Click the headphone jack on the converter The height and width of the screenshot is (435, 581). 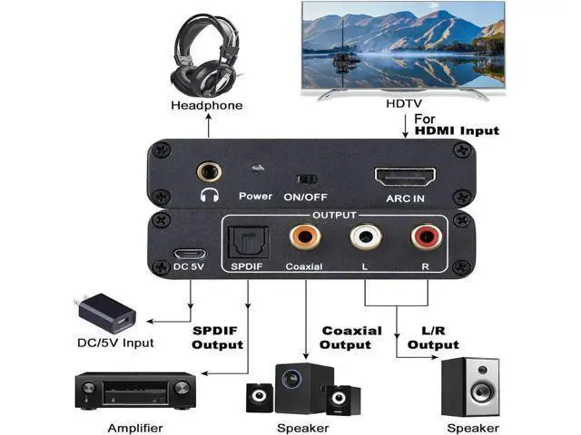211,169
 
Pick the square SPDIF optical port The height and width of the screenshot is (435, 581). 246,242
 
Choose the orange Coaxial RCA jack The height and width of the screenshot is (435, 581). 302,239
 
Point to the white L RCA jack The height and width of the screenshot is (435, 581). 365,239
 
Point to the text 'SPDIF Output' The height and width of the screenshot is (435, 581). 217,337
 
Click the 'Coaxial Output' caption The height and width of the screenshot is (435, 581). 351,337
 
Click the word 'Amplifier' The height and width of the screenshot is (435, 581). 135,428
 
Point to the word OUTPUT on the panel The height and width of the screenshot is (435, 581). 335,215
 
